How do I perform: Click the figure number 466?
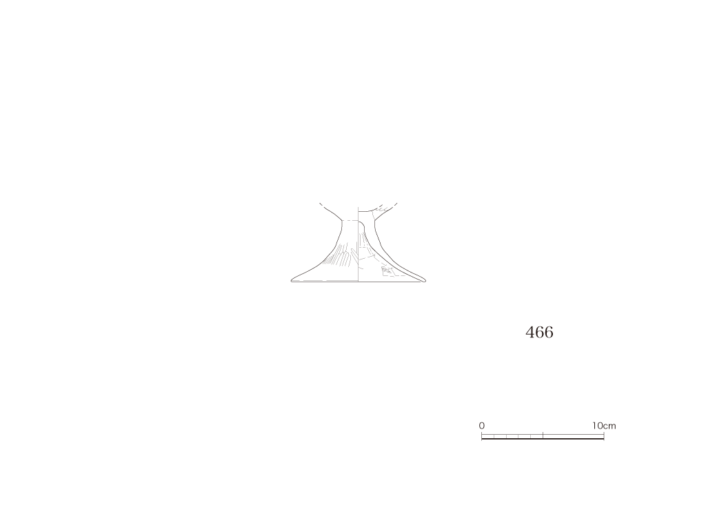(x=539, y=332)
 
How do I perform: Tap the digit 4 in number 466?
(x=530, y=332)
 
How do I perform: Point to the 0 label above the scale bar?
(x=482, y=425)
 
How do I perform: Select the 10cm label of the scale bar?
(x=604, y=425)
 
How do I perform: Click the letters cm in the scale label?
(x=609, y=426)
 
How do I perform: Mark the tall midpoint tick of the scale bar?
(x=543, y=435)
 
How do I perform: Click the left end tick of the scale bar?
(x=482, y=436)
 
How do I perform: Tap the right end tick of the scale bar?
(x=604, y=436)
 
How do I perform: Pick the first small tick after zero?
(x=494, y=436)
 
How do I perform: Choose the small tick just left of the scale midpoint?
(x=531, y=436)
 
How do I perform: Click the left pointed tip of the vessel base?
(x=292, y=281)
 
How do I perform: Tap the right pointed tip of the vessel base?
(x=425, y=281)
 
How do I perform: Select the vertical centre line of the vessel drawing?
(x=359, y=244)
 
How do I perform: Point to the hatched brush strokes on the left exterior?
(x=338, y=256)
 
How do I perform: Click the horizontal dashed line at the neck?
(x=350, y=220)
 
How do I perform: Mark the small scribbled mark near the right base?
(x=386, y=271)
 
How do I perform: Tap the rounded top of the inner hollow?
(x=361, y=222)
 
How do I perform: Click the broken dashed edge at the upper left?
(x=323, y=206)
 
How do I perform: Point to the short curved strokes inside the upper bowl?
(x=381, y=208)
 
